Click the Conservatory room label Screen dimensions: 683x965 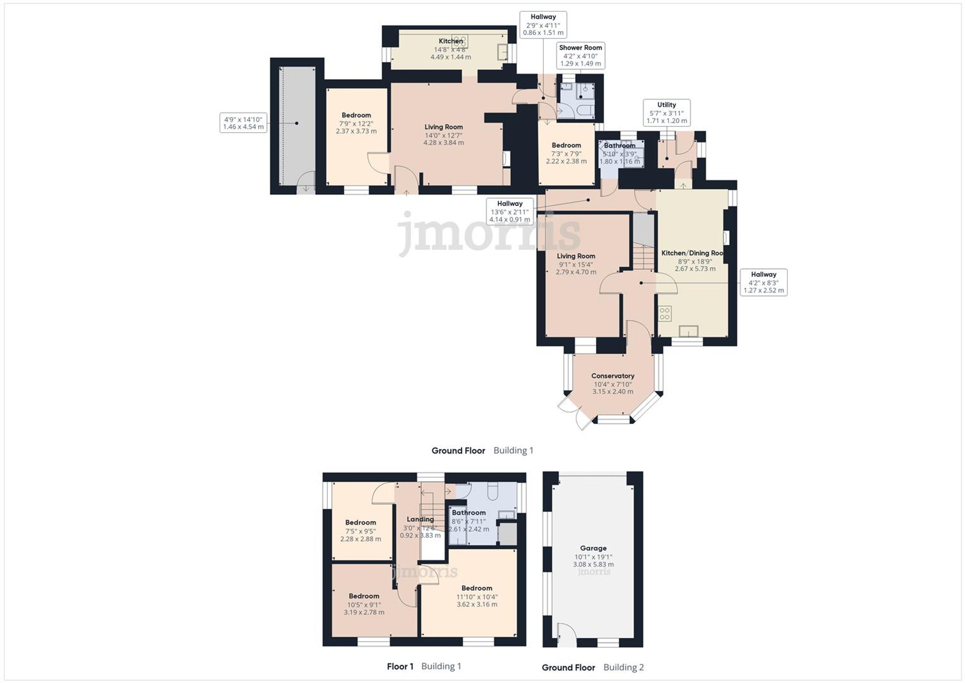(x=613, y=383)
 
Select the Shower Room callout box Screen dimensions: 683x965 (x=580, y=56)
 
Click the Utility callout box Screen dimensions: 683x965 (x=666, y=112)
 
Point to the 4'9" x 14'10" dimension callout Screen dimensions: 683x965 (x=243, y=123)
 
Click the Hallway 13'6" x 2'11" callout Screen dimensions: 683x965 (x=510, y=211)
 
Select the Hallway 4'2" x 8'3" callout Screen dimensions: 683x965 (x=763, y=282)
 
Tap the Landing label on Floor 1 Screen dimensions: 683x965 (x=420, y=527)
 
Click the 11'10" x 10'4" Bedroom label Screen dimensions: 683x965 (x=477, y=596)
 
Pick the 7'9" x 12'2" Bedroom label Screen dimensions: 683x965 (x=356, y=123)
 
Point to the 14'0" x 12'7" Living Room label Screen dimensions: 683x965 (x=443, y=135)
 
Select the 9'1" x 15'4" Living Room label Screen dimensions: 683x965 (x=576, y=264)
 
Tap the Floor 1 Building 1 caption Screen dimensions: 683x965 (x=424, y=666)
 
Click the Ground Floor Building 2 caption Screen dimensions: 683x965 (x=593, y=667)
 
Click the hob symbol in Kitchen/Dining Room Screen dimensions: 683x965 (x=665, y=314)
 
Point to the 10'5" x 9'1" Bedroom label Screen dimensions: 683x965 (x=364, y=604)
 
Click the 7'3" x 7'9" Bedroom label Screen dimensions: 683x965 (x=566, y=153)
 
